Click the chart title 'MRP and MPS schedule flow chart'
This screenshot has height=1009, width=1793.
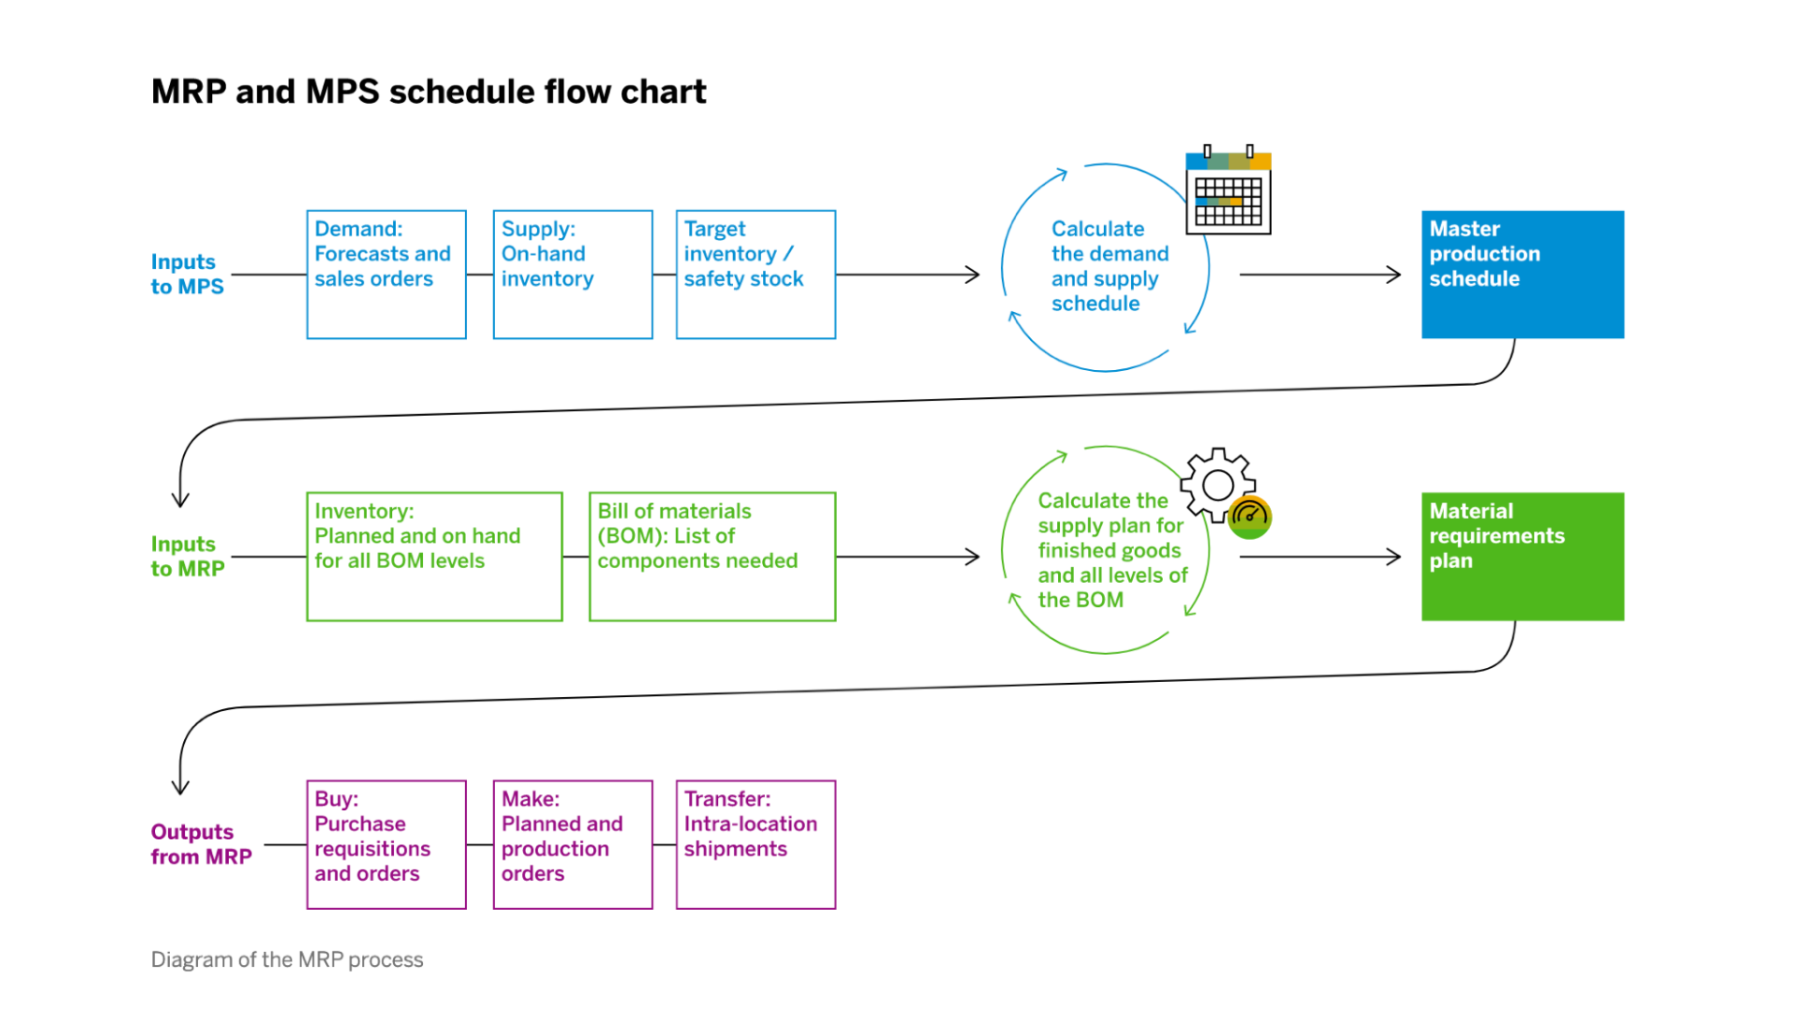tap(429, 92)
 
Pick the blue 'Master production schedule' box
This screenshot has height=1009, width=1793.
tap(1522, 275)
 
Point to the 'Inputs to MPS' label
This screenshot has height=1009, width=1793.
tap(187, 275)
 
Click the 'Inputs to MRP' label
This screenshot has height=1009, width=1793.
tap(188, 557)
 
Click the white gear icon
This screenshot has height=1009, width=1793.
tap(1217, 485)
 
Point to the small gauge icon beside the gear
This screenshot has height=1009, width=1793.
tap(1249, 518)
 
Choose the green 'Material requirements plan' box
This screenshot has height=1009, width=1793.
tap(1522, 557)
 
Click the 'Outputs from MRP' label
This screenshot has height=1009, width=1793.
tap(201, 845)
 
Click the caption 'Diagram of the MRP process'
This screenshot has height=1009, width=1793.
tap(287, 960)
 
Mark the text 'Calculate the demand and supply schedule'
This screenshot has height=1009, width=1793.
tap(1109, 266)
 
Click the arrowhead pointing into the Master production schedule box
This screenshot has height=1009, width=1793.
tap(1394, 275)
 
